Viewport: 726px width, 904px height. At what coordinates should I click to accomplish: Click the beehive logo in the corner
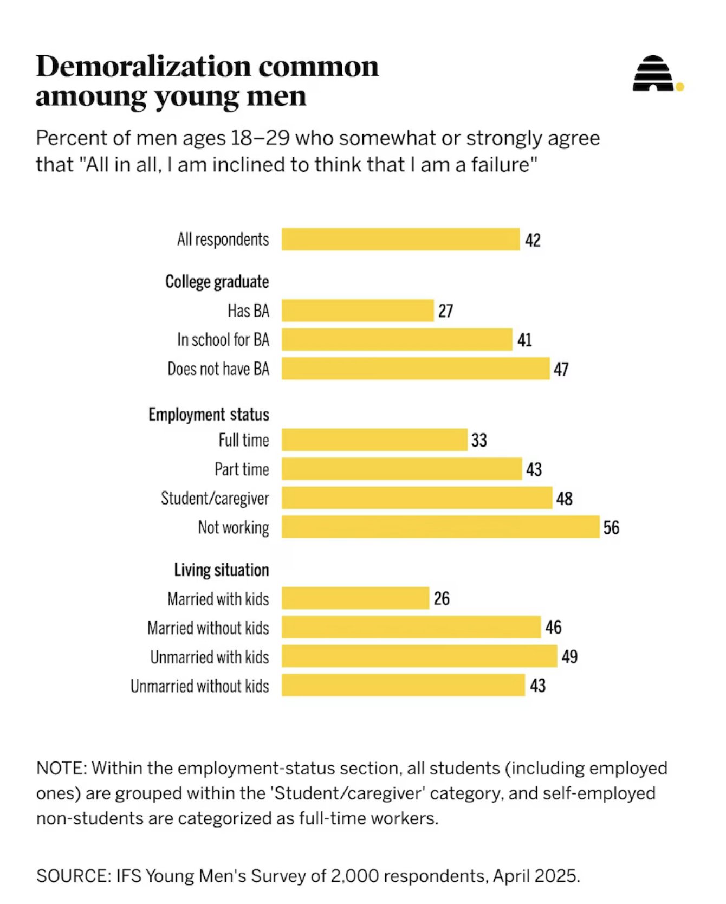click(654, 74)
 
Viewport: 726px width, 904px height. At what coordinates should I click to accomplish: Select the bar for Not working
click(440, 527)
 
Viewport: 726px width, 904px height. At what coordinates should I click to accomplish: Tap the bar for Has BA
click(358, 311)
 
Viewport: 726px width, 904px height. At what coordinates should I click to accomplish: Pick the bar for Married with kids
click(355, 598)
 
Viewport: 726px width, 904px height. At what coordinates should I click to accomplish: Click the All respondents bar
click(400, 240)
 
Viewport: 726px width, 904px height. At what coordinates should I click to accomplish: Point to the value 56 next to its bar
click(611, 527)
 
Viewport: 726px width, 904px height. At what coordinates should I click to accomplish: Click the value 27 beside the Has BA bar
click(445, 311)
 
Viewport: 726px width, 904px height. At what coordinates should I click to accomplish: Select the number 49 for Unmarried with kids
click(569, 657)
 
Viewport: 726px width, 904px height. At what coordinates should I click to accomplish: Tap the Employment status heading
click(209, 415)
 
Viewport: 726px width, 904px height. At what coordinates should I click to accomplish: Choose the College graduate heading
click(217, 282)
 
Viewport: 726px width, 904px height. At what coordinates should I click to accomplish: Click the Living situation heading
click(221, 570)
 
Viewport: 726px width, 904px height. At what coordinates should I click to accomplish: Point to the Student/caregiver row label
click(215, 498)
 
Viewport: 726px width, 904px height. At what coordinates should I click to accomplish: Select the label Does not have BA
click(218, 369)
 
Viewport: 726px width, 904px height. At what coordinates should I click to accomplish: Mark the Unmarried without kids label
click(199, 686)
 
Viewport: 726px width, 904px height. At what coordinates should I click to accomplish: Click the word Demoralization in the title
click(143, 67)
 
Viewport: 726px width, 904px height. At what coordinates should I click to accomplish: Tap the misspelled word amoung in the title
click(90, 96)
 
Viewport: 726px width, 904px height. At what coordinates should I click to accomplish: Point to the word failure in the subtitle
click(501, 164)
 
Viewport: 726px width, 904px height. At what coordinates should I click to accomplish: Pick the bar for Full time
click(374, 440)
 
